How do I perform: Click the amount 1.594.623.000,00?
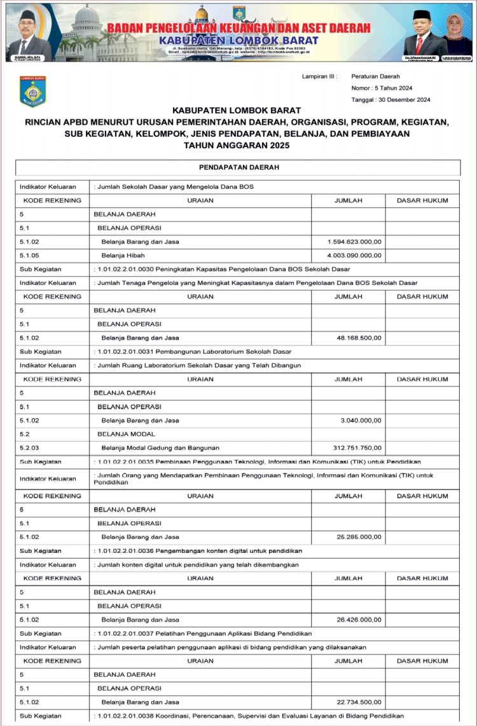354,242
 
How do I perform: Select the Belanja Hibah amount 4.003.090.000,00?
354,255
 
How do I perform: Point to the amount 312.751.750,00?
357,447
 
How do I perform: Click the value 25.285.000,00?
358,537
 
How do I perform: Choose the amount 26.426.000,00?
358,619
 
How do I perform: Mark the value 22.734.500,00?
358,702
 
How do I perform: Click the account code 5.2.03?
29,447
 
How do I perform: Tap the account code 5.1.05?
29,255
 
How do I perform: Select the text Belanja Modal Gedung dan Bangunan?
155,447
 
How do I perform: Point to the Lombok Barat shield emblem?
32,91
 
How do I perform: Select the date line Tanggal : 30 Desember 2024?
391,100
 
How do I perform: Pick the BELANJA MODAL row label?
120,434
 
